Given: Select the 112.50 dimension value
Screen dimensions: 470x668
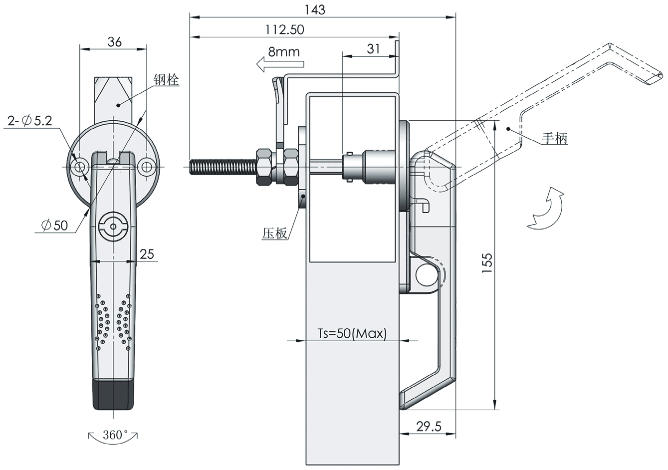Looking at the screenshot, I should tap(285, 29).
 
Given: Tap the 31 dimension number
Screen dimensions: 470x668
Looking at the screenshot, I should tap(373, 48).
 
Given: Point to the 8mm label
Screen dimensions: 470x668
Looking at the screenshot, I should tap(283, 51).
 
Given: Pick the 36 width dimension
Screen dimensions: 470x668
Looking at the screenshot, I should tap(114, 42).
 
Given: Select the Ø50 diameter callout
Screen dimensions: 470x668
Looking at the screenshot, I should tap(55, 226).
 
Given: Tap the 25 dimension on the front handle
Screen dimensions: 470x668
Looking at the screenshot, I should tap(147, 254).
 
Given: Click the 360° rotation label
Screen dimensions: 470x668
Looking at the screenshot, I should tap(113, 435).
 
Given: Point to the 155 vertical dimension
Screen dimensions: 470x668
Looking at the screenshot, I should tap(487, 263).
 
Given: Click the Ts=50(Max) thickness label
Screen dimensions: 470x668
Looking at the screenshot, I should tap(352, 334).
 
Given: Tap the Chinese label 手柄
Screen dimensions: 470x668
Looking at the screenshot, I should tap(555, 138).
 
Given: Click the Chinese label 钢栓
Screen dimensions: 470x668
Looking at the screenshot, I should tap(166, 79).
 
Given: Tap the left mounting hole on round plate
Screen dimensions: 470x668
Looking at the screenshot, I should tap(79, 167).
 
